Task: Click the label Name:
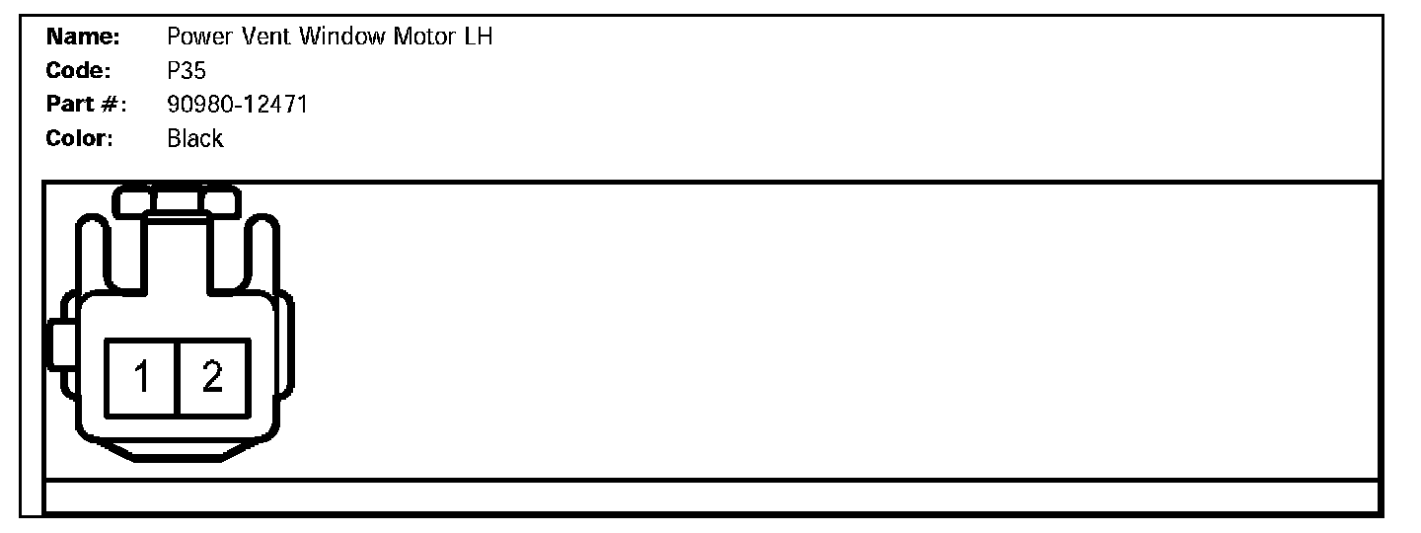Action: (x=83, y=38)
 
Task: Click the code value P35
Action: (x=187, y=71)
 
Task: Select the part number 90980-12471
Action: (x=237, y=104)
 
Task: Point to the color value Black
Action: (x=195, y=138)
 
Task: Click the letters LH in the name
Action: (x=478, y=38)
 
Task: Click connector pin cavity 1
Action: (x=142, y=377)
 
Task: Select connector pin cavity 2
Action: (x=213, y=377)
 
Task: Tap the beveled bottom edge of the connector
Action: (x=178, y=454)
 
